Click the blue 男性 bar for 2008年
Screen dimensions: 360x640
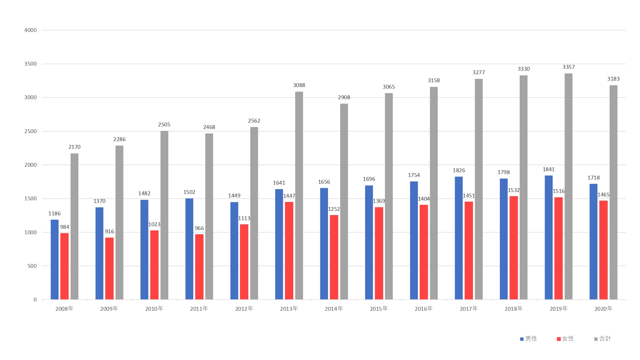click(54, 259)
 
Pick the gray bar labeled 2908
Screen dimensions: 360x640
click(344, 202)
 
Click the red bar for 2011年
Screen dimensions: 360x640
click(199, 267)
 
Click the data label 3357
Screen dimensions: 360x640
click(569, 67)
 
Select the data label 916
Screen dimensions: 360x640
click(109, 231)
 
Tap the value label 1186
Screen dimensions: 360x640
click(54, 213)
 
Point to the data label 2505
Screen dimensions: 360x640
click(164, 124)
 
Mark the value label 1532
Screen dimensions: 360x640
click(514, 190)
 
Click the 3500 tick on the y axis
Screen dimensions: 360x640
click(30, 64)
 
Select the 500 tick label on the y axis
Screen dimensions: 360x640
click(32, 266)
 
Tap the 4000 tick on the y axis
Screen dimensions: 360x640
click(30, 30)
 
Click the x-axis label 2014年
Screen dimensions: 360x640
click(334, 308)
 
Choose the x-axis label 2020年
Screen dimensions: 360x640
click(604, 308)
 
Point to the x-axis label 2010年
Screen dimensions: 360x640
click(154, 308)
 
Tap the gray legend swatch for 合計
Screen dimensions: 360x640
click(596, 339)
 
